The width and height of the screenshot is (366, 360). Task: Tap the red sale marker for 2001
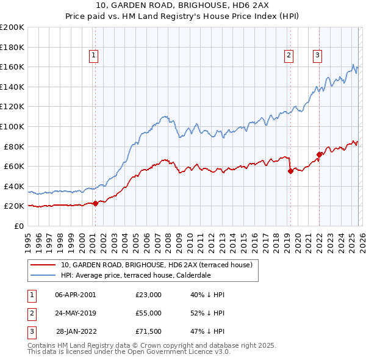tap(95, 203)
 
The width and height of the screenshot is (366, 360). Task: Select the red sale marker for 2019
tap(290, 171)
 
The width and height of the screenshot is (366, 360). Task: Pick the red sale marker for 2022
tap(319, 154)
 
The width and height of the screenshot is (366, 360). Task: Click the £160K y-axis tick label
tap(12, 67)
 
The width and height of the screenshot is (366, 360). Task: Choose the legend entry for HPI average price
tap(135, 275)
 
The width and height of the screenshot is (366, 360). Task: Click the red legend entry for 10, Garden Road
tap(160, 265)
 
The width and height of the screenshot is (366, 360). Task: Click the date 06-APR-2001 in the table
tap(75, 295)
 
